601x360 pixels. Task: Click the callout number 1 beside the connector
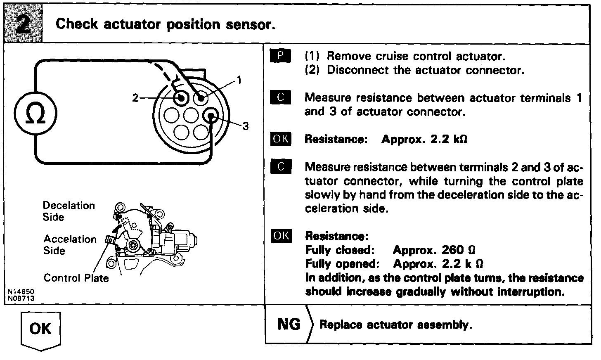[239, 80]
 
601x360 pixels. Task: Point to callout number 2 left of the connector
[135, 98]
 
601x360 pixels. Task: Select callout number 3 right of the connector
[245, 126]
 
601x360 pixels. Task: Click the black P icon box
[281, 56]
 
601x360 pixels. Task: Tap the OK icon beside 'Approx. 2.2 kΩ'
[281, 139]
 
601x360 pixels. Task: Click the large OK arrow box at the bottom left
[40, 330]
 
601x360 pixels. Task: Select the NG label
[289, 324]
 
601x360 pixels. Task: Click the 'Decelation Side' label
[69, 211]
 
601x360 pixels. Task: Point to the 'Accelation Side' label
[69, 244]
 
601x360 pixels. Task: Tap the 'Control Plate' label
[76, 278]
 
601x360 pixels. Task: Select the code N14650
[21, 291]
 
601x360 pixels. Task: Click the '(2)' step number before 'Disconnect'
[312, 70]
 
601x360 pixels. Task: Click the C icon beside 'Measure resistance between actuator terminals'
[281, 97]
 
